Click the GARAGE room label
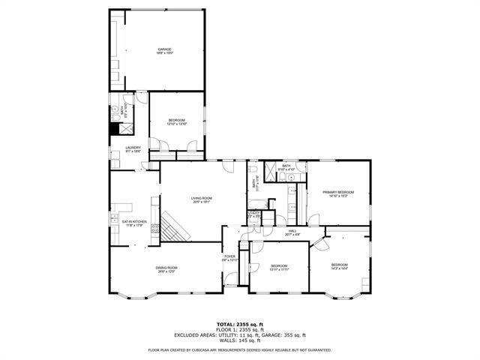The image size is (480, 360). click(164, 49)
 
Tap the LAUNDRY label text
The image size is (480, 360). click(133, 148)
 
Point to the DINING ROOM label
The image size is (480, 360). click(166, 268)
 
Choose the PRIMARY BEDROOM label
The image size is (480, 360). click(338, 192)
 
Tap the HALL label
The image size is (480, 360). click(292, 231)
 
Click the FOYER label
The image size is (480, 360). click(229, 257)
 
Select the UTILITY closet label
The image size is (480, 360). click(254, 213)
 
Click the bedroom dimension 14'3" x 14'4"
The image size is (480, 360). click(340, 268)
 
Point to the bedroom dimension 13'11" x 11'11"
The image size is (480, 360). click(279, 269)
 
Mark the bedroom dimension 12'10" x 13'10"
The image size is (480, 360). click(176, 124)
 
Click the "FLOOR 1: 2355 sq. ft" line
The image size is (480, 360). click(240, 329)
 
